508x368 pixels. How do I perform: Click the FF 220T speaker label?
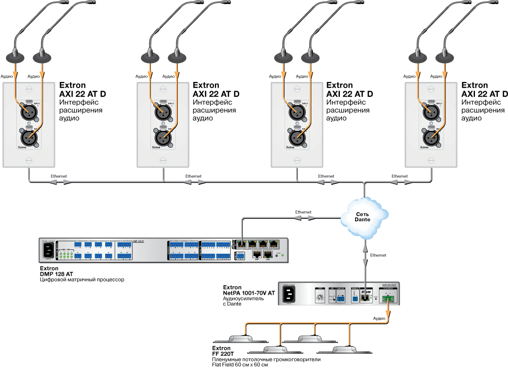pos(223,354)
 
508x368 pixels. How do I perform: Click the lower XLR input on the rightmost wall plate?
pos(429,137)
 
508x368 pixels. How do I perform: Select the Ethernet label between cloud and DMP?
pos(303,212)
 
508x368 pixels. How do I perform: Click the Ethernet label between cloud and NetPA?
pos(378,255)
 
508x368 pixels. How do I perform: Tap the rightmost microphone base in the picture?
pos(444,57)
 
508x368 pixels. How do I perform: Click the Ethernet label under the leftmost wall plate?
pos(58,176)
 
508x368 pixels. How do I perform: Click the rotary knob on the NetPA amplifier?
pos(320,298)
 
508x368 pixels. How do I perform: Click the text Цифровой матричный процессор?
pos(82,280)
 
